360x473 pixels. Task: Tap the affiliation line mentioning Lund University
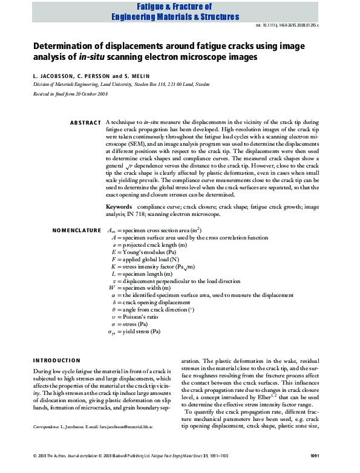coord(121,85)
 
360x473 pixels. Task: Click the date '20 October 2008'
coord(89,94)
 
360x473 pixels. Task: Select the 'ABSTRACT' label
coord(85,123)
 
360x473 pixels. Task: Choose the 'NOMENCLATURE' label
coord(77,230)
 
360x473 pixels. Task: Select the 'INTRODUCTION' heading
coord(57,360)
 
